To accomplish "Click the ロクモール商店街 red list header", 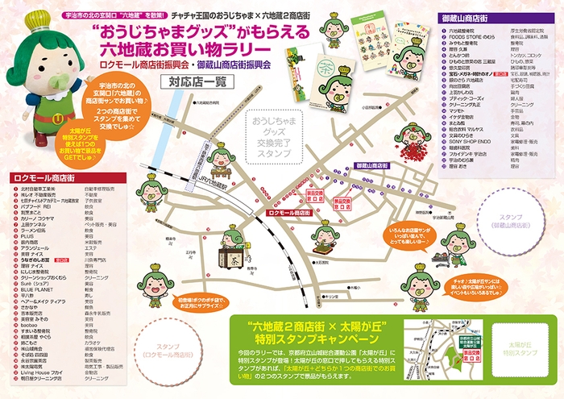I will (49, 177).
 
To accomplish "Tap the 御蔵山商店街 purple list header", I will (479, 17).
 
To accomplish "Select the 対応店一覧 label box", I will (197, 81).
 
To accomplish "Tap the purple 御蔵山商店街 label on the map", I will (371, 165).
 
